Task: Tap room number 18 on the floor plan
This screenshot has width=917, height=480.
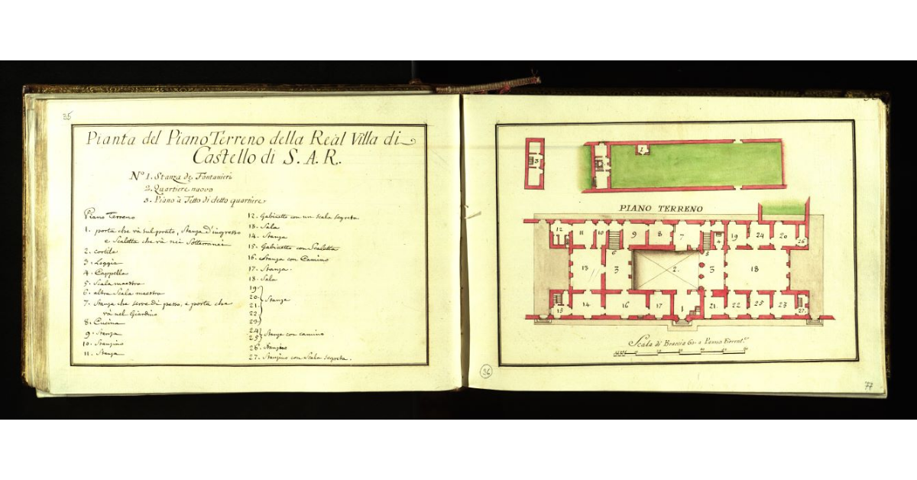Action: pos(755,269)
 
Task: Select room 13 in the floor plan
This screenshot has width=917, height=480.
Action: pos(585,269)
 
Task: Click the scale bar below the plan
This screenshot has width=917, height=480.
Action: pos(680,352)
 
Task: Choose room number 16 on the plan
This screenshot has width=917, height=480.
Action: pos(625,304)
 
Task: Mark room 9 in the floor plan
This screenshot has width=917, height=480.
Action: pos(634,235)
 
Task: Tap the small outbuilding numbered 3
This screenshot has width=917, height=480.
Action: pos(536,162)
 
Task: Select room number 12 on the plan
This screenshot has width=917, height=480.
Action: pos(559,229)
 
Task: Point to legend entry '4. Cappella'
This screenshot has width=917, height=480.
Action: pos(107,272)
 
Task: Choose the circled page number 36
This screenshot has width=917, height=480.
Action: pos(486,372)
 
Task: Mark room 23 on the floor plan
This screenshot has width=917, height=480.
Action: pos(783,303)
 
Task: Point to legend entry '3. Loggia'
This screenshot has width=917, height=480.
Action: pos(101,261)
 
